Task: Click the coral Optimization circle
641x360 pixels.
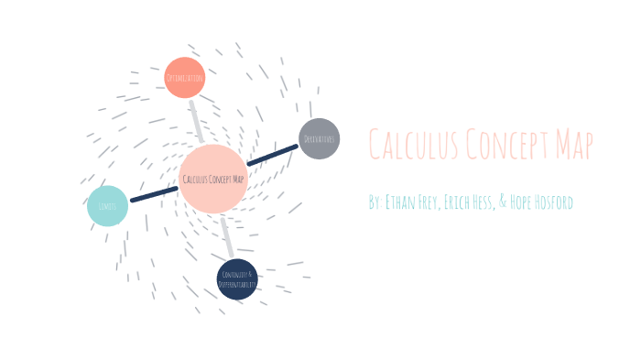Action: coord(184,78)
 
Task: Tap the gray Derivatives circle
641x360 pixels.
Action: coord(320,139)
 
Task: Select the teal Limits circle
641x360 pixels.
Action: coord(107,206)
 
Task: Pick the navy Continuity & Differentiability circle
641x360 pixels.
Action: coord(237,279)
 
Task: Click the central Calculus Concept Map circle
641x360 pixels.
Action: coord(213,179)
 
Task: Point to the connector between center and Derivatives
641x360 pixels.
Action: coord(273,156)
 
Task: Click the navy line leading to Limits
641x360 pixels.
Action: coord(154,193)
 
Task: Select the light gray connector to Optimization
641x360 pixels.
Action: coord(196,120)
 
